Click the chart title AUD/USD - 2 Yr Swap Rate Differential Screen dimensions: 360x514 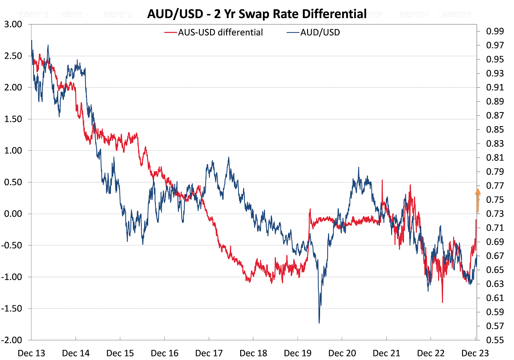pyautogui.click(x=257, y=14)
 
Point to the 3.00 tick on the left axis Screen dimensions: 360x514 pyautogui.click(x=13, y=24)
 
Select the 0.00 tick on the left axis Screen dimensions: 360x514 pyautogui.click(x=13, y=214)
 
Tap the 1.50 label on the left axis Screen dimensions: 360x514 pyautogui.click(x=13, y=119)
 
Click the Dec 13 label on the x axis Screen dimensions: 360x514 pyautogui.click(x=31, y=353)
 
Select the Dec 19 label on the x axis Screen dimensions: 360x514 pyautogui.click(x=297, y=353)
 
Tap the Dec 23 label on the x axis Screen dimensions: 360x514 pyautogui.click(x=474, y=353)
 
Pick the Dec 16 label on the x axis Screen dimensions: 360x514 pyautogui.click(x=164, y=353)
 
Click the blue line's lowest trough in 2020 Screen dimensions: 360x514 pyautogui.click(x=319, y=323)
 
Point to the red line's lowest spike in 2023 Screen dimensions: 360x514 pyautogui.click(x=442, y=302)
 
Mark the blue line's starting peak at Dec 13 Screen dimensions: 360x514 pyautogui.click(x=31, y=41)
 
